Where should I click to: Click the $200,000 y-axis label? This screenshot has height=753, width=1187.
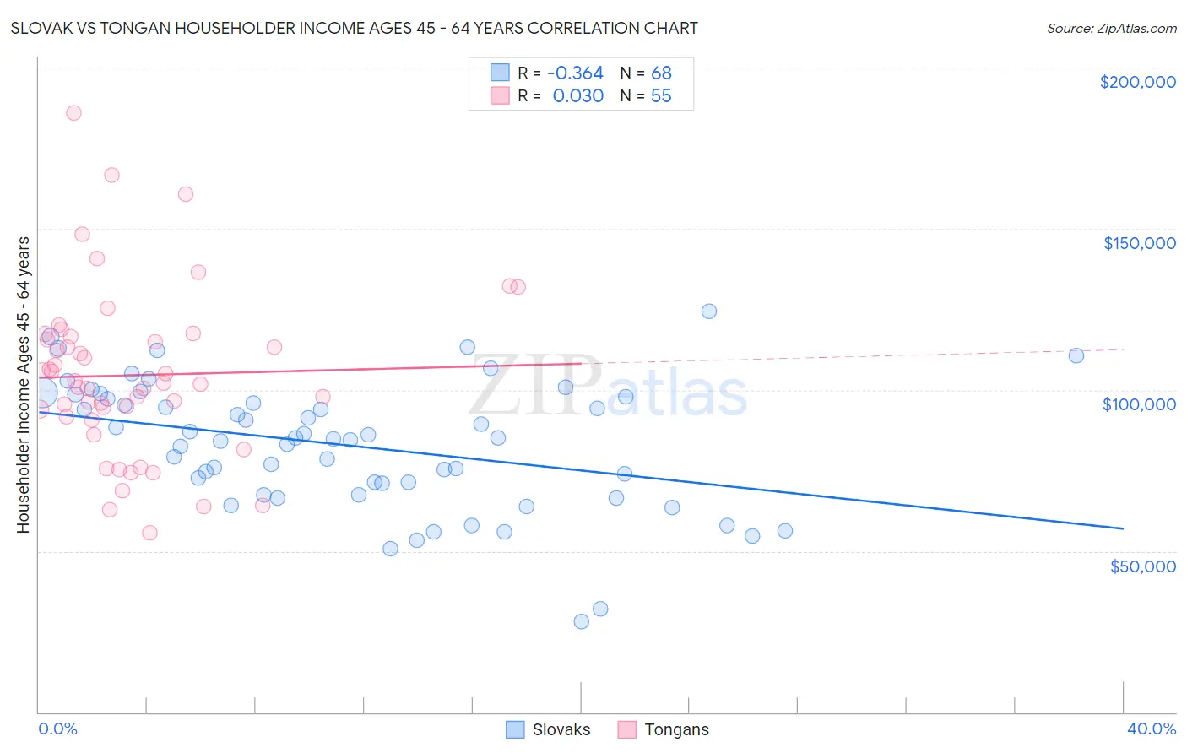click(1137, 82)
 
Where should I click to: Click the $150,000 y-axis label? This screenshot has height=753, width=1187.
click(1139, 243)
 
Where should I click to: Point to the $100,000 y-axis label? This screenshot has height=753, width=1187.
click(1139, 404)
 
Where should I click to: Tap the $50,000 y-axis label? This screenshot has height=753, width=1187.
click(1142, 566)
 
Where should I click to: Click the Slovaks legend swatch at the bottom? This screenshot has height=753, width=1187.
click(515, 729)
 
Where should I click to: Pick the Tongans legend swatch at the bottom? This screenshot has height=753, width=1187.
click(626, 729)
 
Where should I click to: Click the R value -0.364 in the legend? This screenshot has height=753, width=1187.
click(575, 73)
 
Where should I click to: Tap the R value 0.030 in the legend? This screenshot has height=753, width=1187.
click(577, 96)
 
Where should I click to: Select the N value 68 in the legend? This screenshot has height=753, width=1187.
click(661, 73)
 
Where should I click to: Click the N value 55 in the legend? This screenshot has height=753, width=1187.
click(661, 96)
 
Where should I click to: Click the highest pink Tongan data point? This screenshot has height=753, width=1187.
click(73, 113)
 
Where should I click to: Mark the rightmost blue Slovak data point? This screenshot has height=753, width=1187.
click(1076, 355)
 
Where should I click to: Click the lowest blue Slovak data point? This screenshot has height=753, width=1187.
click(581, 621)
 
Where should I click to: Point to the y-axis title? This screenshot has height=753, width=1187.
click(23, 385)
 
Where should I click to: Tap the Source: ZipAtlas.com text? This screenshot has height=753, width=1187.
click(1111, 29)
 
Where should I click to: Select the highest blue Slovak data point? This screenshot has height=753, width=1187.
click(709, 311)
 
